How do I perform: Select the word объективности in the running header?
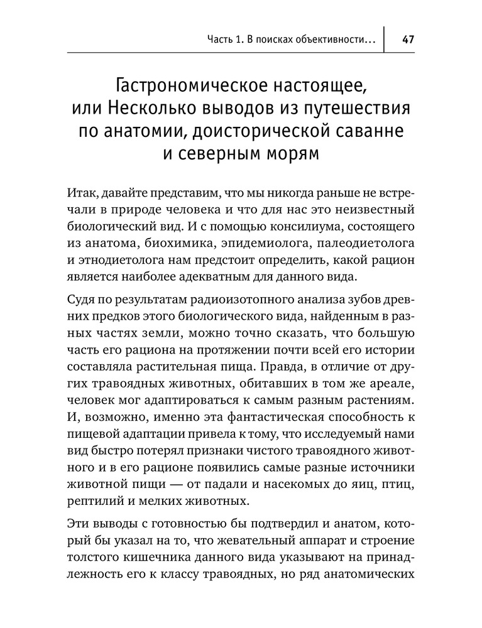(330, 40)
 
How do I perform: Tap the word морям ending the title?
(292, 155)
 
